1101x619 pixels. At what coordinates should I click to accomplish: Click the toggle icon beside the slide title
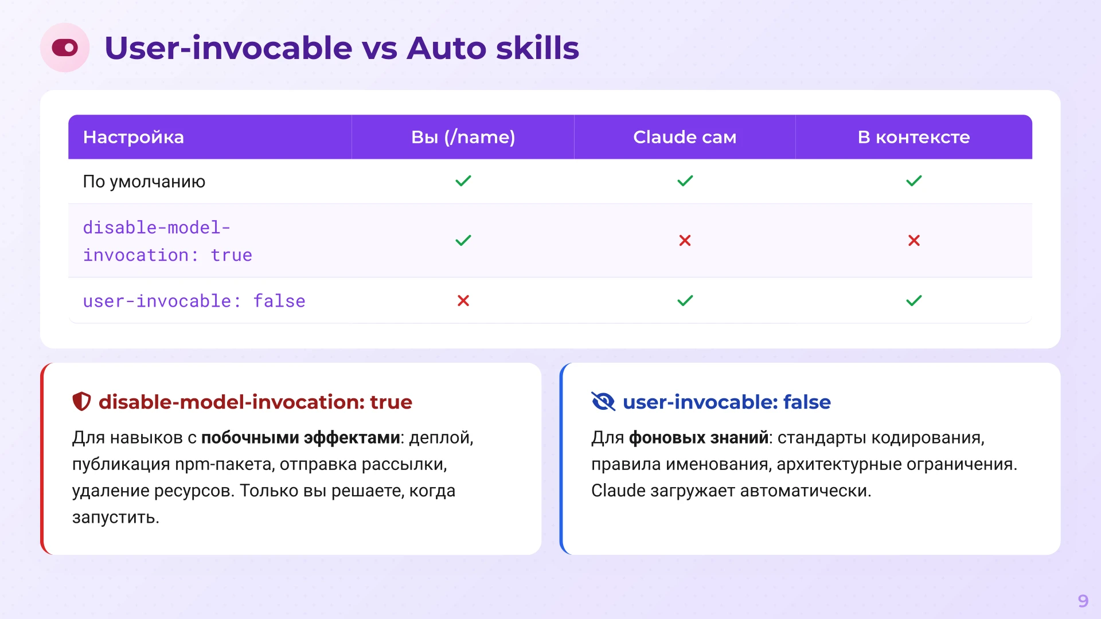(65, 48)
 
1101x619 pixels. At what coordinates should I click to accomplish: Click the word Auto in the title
(446, 48)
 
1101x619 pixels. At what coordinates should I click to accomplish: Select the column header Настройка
(133, 137)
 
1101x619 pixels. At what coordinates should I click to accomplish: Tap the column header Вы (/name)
(463, 137)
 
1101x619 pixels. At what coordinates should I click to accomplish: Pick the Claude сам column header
(685, 137)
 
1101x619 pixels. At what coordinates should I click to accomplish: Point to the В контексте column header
(913, 137)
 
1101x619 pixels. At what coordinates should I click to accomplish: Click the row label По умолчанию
(144, 182)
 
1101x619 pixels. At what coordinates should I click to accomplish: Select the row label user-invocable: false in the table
(194, 301)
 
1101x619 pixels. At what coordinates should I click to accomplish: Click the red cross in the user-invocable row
(463, 301)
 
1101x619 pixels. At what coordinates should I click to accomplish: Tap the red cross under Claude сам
(685, 241)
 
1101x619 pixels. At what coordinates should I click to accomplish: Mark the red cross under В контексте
(914, 241)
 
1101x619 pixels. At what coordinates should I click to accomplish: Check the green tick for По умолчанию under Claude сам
(685, 181)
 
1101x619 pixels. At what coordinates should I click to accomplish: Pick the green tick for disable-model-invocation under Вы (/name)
(463, 241)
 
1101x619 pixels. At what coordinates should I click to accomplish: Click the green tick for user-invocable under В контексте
(914, 301)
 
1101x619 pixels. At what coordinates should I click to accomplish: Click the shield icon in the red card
(81, 402)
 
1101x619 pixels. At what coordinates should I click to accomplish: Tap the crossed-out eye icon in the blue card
(603, 402)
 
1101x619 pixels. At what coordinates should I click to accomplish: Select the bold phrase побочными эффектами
(300, 438)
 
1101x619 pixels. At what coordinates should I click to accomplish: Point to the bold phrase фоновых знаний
(698, 438)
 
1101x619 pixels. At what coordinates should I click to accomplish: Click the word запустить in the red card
(115, 518)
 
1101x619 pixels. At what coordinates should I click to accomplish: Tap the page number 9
(1083, 601)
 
